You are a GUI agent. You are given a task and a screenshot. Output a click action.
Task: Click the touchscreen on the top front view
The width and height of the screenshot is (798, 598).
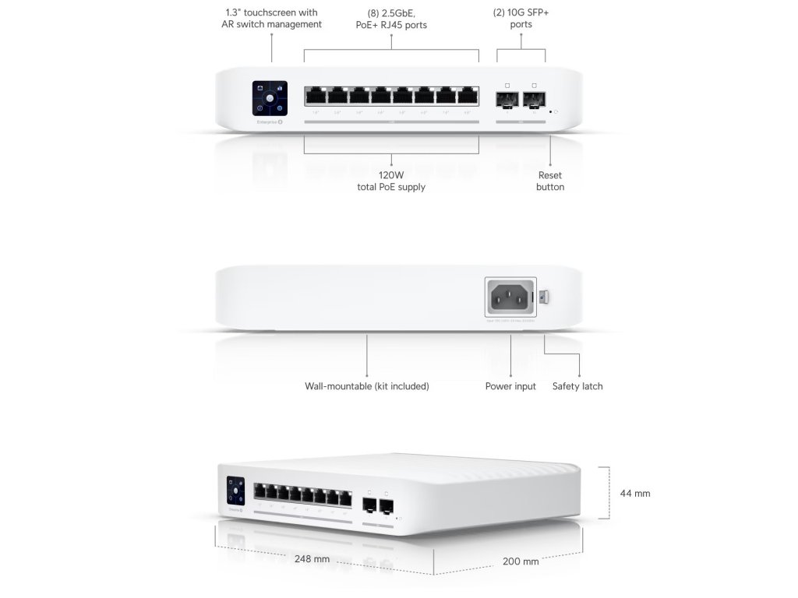click(x=270, y=100)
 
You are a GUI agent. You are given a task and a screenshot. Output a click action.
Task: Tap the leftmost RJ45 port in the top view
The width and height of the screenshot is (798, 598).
click(x=316, y=96)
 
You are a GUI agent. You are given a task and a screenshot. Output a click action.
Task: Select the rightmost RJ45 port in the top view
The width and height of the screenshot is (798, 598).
click(x=468, y=96)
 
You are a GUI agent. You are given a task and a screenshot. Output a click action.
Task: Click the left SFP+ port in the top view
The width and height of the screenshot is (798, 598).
click(x=507, y=99)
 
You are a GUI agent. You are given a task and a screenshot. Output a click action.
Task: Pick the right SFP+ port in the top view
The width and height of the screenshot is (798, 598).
click(x=535, y=99)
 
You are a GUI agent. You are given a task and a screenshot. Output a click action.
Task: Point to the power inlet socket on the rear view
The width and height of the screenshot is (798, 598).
click(x=510, y=296)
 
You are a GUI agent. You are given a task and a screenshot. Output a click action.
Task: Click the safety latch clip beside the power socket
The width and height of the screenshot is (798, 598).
click(x=545, y=297)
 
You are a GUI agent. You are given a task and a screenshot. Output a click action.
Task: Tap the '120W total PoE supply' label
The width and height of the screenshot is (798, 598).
click(x=391, y=181)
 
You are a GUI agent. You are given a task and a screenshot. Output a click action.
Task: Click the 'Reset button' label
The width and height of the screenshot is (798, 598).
click(x=550, y=181)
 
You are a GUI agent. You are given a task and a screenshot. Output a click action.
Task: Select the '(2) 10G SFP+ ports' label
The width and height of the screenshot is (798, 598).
click(x=521, y=19)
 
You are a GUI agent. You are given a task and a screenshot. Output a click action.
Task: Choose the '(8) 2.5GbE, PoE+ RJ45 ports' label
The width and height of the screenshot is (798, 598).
click(x=391, y=19)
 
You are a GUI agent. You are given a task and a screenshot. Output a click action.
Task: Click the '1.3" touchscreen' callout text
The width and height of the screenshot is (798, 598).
click(x=271, y=19)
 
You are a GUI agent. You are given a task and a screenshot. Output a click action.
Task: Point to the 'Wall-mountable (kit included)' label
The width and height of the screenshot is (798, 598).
click(x=367, y=386)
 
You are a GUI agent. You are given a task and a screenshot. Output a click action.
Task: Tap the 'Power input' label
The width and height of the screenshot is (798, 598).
click(x=510, y=386)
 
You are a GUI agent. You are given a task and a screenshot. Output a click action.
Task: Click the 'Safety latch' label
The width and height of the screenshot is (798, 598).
click(x=577, y=386)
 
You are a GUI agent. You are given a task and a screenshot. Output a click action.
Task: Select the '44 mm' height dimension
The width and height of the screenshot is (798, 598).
click(x=635, y=494)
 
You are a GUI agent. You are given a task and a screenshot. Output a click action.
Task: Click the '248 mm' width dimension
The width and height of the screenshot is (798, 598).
click(x=312, y=559)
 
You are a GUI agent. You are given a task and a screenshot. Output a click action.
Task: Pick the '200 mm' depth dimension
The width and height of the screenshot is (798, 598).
click(x=521, y=561)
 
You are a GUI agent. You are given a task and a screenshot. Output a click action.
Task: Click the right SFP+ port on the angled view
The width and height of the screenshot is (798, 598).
click(x=386, y=505)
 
